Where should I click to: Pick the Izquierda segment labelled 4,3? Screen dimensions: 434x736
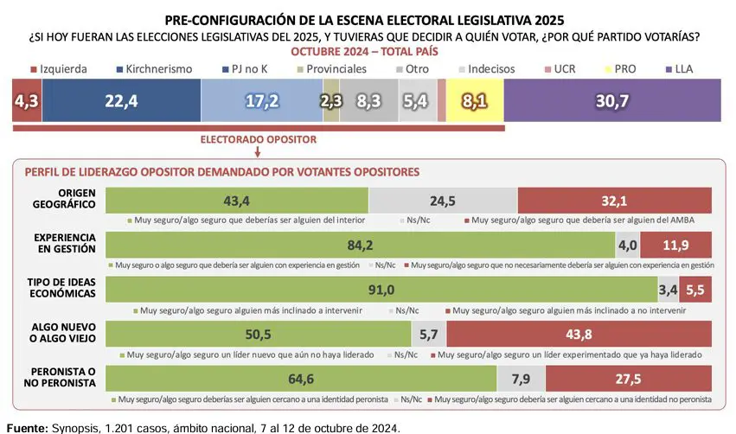25,100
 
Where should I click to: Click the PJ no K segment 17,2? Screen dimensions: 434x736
260,100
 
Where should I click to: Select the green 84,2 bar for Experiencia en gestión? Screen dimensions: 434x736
360,245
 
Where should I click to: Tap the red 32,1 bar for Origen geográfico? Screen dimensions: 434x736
614,201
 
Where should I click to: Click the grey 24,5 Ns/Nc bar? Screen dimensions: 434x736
443,201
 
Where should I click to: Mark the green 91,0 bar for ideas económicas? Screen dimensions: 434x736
381,289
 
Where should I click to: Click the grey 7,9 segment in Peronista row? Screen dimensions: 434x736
522,378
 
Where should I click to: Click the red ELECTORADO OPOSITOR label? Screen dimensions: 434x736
258,138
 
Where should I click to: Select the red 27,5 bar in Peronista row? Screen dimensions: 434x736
629,378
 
